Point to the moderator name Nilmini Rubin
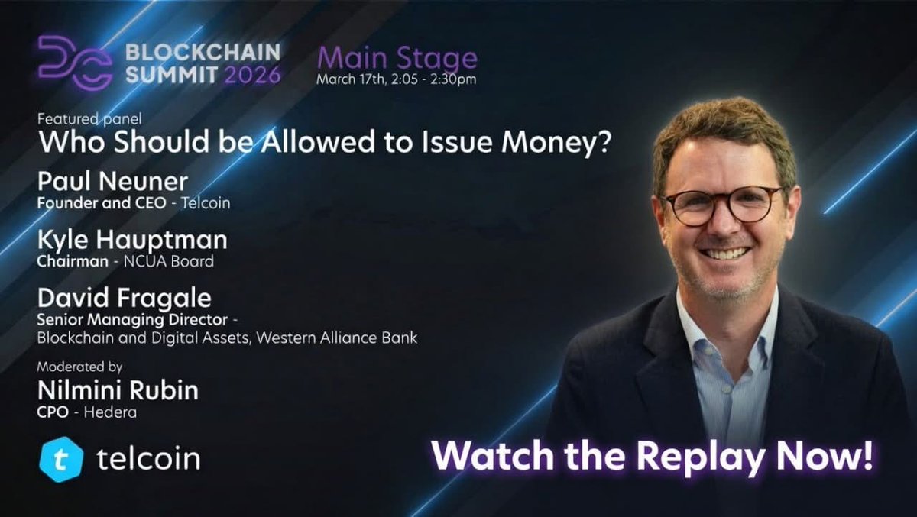pos(118,391)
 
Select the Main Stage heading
pos(397,59)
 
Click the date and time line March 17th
pos(397,79)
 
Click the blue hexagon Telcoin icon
pos(61,459)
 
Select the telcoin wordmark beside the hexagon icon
pos(148,459)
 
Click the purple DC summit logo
pos(75,62)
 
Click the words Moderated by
pos(80,367)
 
